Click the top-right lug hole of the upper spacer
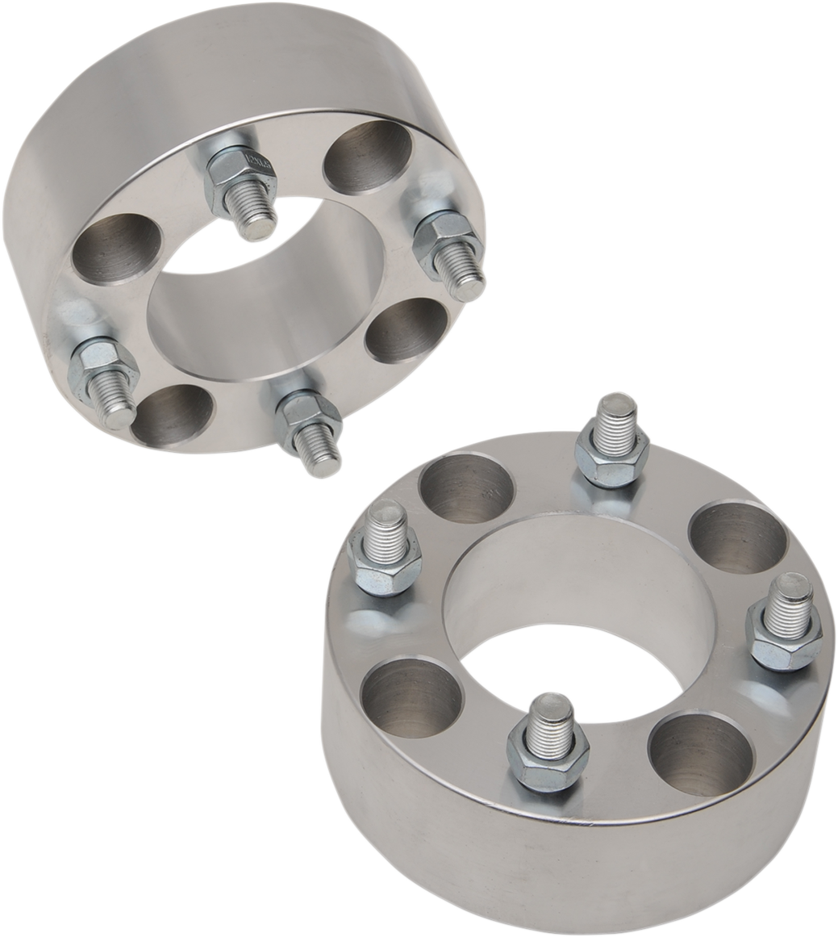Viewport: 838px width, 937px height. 367,157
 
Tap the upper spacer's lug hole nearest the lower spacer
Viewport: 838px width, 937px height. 406,329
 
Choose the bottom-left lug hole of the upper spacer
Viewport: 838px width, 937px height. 172,414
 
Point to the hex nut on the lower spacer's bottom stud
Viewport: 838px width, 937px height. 548,763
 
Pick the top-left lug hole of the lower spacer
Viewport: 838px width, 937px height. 467,487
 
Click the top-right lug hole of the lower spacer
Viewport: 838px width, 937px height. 739,537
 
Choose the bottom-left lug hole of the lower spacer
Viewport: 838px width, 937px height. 411,697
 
